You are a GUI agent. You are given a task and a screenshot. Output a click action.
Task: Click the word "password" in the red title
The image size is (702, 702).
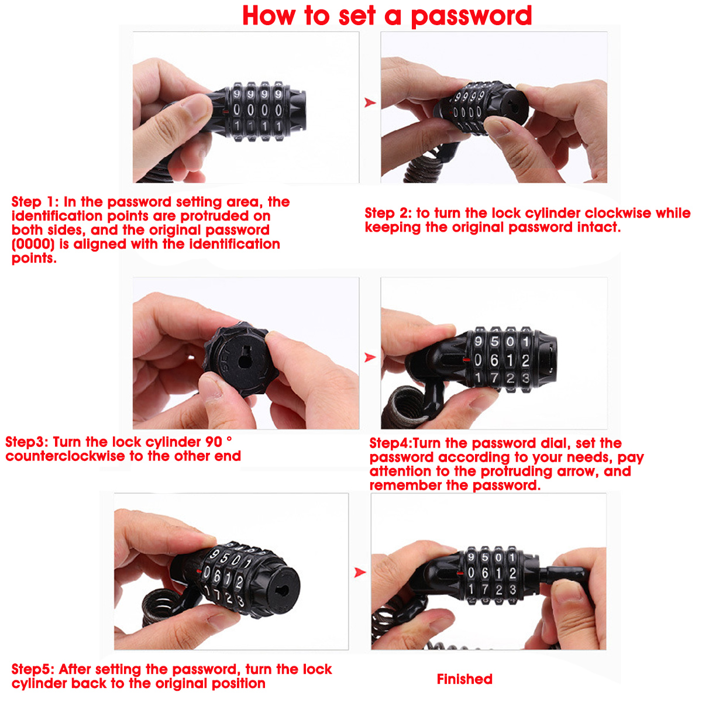[471, 16]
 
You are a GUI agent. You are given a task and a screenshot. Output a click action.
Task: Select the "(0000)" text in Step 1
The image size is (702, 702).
[33, 245]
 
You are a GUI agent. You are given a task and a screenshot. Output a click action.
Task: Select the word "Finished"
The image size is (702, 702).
[464, 679]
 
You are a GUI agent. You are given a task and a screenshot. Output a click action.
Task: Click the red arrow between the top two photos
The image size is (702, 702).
[370, 102]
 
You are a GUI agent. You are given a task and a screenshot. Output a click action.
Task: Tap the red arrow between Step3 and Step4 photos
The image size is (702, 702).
[370, 357]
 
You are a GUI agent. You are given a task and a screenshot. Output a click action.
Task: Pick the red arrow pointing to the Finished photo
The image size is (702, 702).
[360, 572]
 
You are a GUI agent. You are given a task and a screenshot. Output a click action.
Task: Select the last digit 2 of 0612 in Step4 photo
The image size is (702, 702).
[525, 361]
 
